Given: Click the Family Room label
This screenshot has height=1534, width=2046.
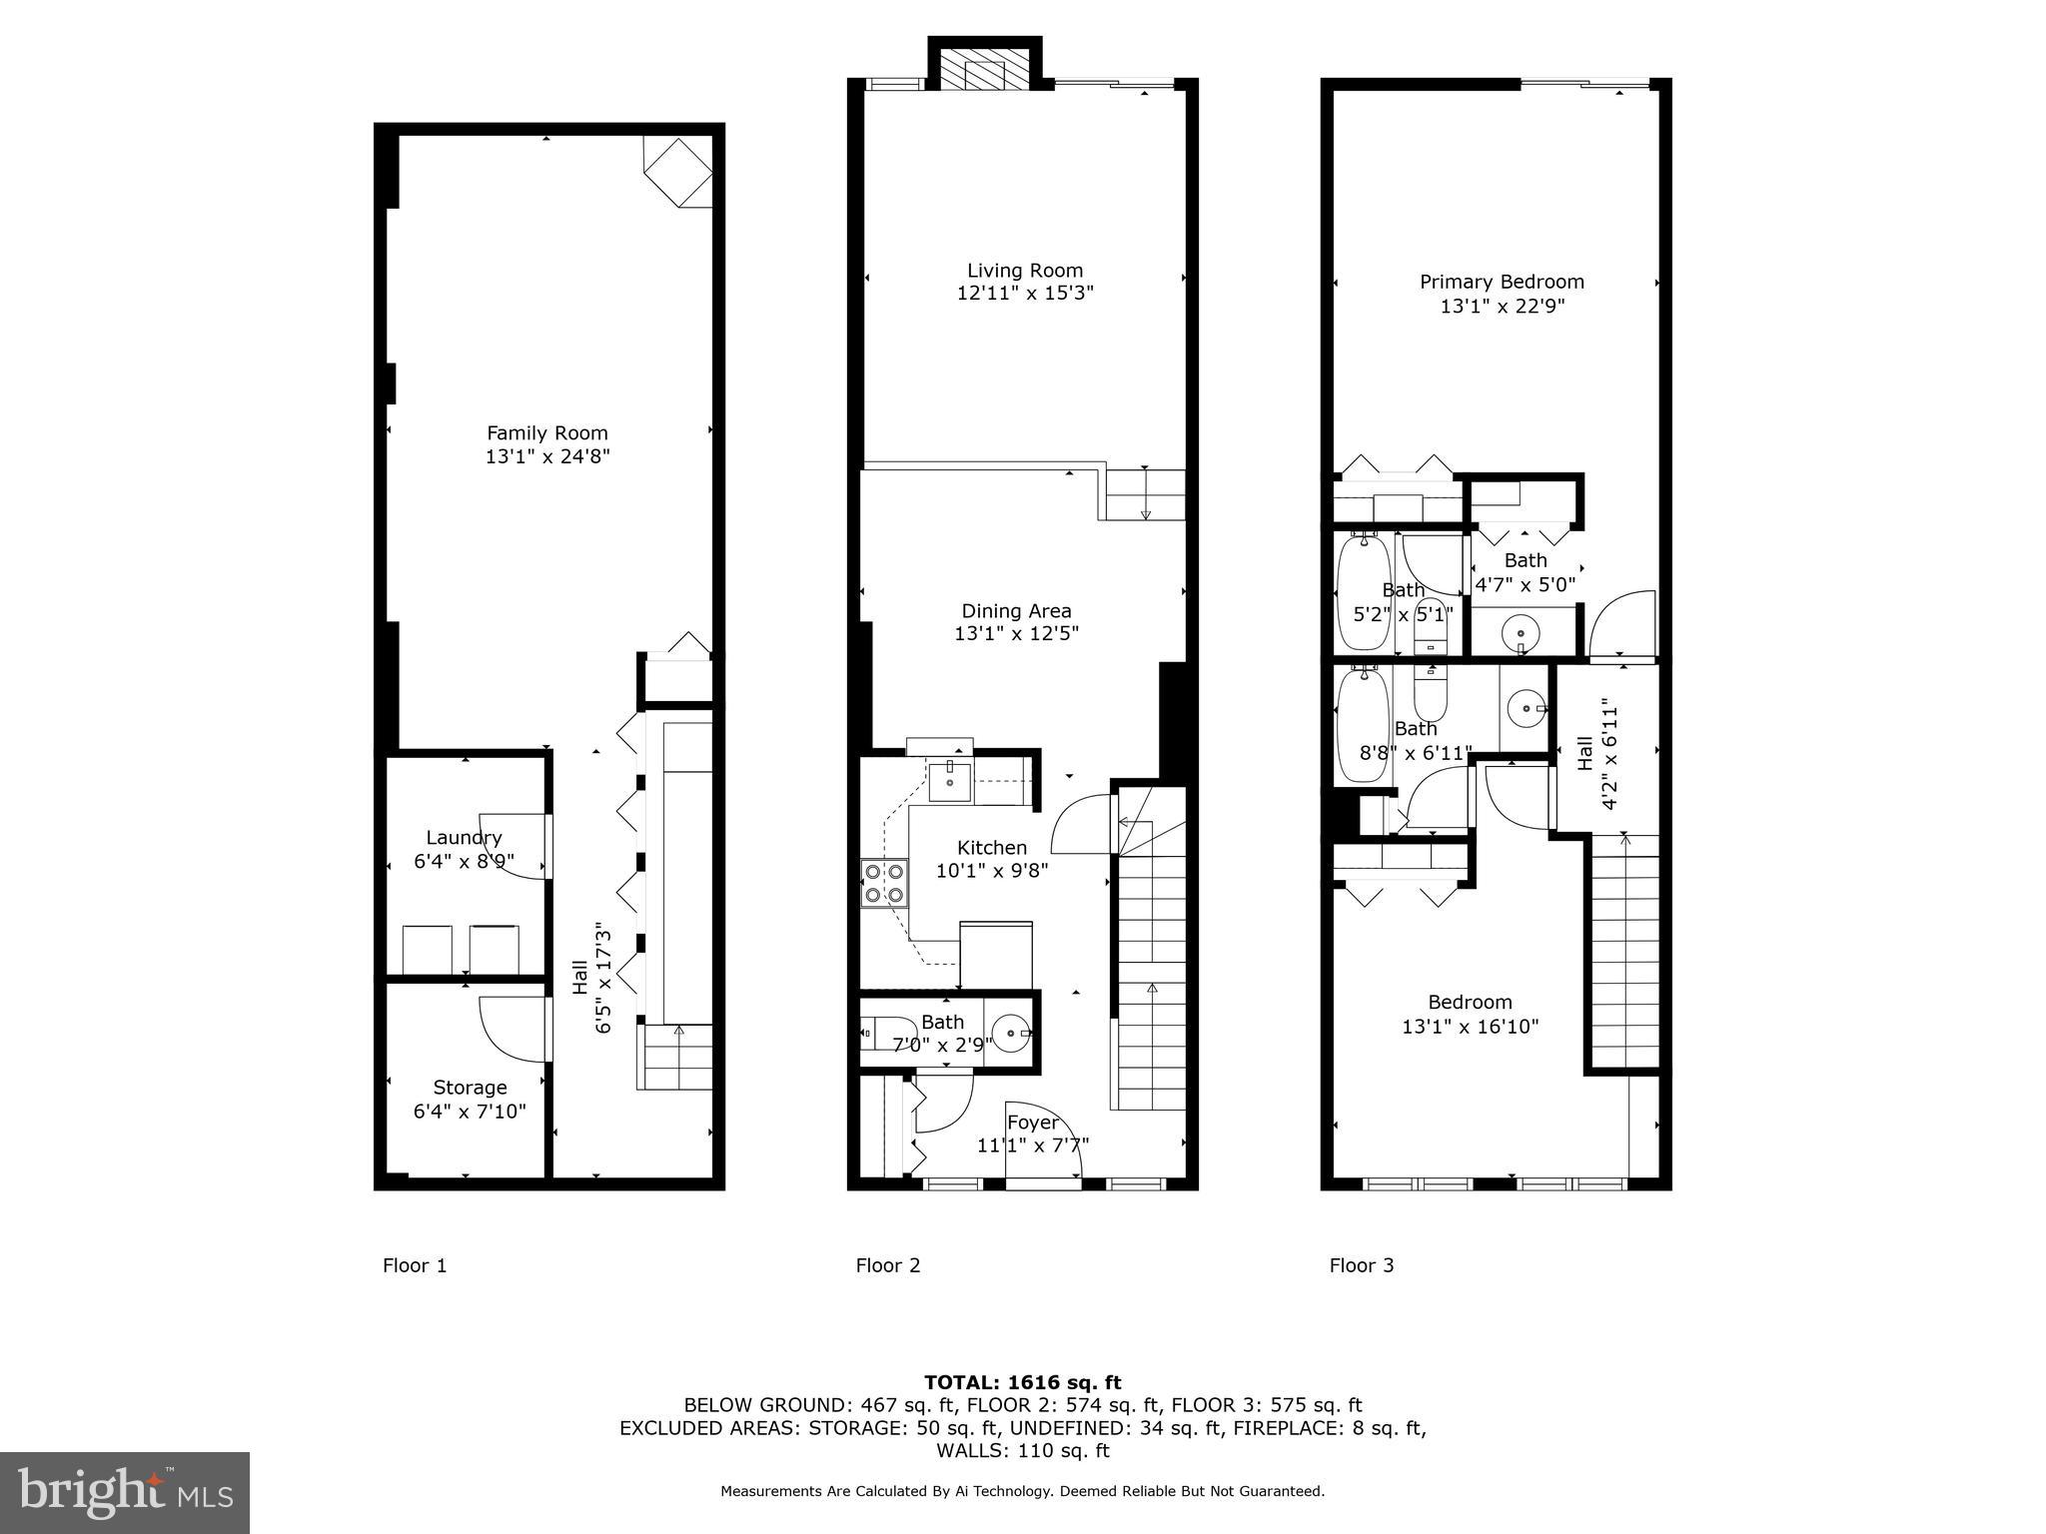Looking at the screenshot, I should click(546, 433).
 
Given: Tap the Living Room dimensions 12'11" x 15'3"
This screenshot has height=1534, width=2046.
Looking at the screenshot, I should click(1024, 294).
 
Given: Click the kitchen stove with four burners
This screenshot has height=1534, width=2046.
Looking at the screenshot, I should click(885, 882).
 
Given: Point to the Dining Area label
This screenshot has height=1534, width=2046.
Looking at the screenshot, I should click(1016, 610).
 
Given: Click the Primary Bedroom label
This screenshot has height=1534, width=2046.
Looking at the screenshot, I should click(1502, 282).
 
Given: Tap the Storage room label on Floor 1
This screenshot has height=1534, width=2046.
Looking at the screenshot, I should click(470, 1088).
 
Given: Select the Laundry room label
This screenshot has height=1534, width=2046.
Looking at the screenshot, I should click(464, 838).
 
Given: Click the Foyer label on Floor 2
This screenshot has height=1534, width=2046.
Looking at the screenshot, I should click(1032, 1122).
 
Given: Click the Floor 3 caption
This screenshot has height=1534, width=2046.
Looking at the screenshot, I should click(1361, 1265).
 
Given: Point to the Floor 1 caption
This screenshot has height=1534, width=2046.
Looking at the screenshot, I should click(415, 1265).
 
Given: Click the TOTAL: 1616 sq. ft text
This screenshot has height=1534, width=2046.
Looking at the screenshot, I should click(1022, 1382).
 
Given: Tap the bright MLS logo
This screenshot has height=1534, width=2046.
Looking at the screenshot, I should click(125, 1492).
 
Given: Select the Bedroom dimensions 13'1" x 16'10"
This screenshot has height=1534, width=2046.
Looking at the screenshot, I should click(1470, 1026).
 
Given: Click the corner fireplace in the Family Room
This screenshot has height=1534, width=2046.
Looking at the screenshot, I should click(678, 172).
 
